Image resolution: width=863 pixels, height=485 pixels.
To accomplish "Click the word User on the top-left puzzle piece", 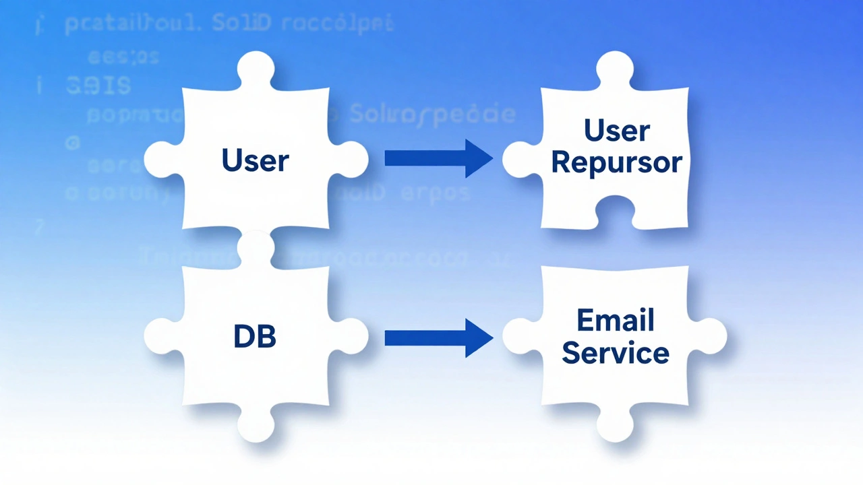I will coord(255,161).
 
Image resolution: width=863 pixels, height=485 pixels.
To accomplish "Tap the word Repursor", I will coord(617,162).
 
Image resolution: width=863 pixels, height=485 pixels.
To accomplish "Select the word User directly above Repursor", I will coord(617,131).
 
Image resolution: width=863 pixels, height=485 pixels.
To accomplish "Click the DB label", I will coord(255,337).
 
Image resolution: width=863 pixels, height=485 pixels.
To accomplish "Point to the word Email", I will coord(616,320).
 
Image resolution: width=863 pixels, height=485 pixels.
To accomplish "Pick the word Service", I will coord(616,352).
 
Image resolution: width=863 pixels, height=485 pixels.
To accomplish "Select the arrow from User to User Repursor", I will coord(438,158).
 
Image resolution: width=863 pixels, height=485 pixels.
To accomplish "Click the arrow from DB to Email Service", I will coord(438,337).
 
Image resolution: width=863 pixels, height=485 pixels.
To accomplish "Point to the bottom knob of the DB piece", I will coord(256,424).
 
